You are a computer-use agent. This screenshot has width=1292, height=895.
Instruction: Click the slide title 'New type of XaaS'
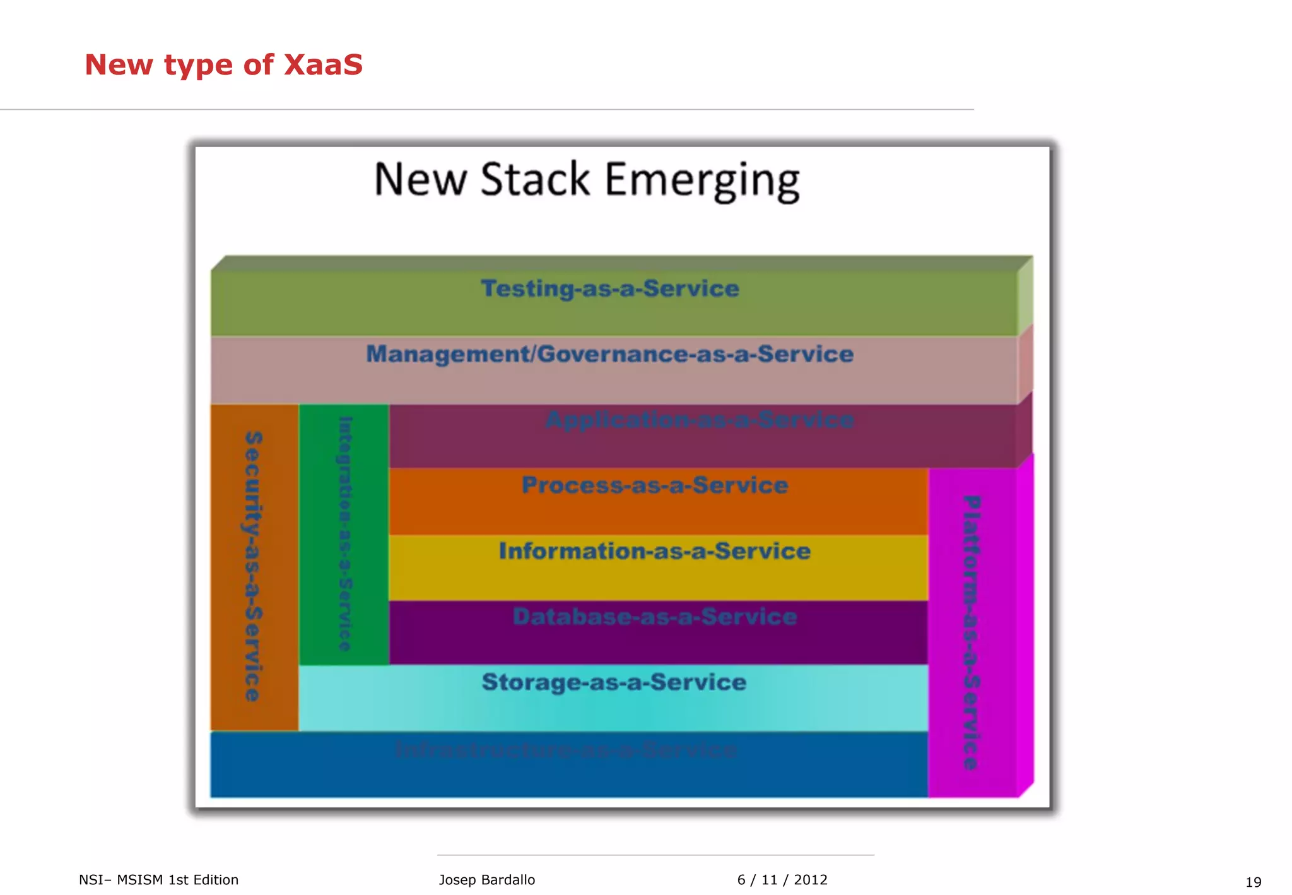point(223,64)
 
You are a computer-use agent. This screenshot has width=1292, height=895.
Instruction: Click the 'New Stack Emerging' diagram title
point(587,180)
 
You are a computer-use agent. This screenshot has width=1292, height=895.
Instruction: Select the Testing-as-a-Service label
point(609,288)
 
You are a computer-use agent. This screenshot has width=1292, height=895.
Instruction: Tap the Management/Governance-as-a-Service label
point(609,354)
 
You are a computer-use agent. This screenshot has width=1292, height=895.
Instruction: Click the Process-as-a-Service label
point(655,485)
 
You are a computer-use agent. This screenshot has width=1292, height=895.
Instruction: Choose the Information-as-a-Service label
point(655,551)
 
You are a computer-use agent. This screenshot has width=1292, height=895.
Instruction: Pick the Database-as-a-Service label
point(655,617)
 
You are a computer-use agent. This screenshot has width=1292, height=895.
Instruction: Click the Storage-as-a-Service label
point(614,682)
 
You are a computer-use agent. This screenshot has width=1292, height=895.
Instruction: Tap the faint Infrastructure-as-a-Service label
point(566,750)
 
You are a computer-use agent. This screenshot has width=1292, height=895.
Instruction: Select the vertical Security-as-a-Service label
point(253,566)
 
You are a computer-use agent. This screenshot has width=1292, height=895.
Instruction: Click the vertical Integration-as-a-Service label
point(344,533)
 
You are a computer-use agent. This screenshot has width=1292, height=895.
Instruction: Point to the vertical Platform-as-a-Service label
point(972,632)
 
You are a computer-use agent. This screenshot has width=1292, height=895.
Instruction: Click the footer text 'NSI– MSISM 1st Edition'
point(158,880)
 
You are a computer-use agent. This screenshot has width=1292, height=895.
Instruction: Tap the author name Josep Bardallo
point(486,880)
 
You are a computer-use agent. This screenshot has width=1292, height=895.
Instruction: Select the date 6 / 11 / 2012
point(782,880)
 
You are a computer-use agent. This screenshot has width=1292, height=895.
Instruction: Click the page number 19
point(1253,882)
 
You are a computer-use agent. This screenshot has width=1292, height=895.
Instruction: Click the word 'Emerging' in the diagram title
point(702,181)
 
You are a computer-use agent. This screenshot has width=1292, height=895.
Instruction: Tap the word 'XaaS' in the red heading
point(323,64)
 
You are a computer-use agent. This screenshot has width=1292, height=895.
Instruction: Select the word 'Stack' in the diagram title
point(535,180)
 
